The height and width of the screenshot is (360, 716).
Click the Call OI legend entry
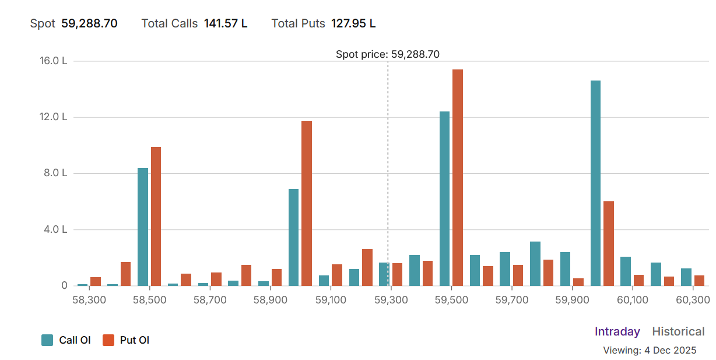(66, 340)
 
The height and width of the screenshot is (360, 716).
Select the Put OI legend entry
(127, 340)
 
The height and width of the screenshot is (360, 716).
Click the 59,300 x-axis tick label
(391, 300)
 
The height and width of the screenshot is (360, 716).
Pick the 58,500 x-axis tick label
(150, 300)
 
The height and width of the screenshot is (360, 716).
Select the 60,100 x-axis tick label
(632, 300)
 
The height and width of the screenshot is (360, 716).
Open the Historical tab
(678, 331)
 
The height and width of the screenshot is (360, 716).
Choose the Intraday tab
(617, 331)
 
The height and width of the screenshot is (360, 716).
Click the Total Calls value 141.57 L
(226, 24)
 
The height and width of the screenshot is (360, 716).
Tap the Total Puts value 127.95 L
(353, 24)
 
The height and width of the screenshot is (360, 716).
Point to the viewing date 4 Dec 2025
(670, 351)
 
